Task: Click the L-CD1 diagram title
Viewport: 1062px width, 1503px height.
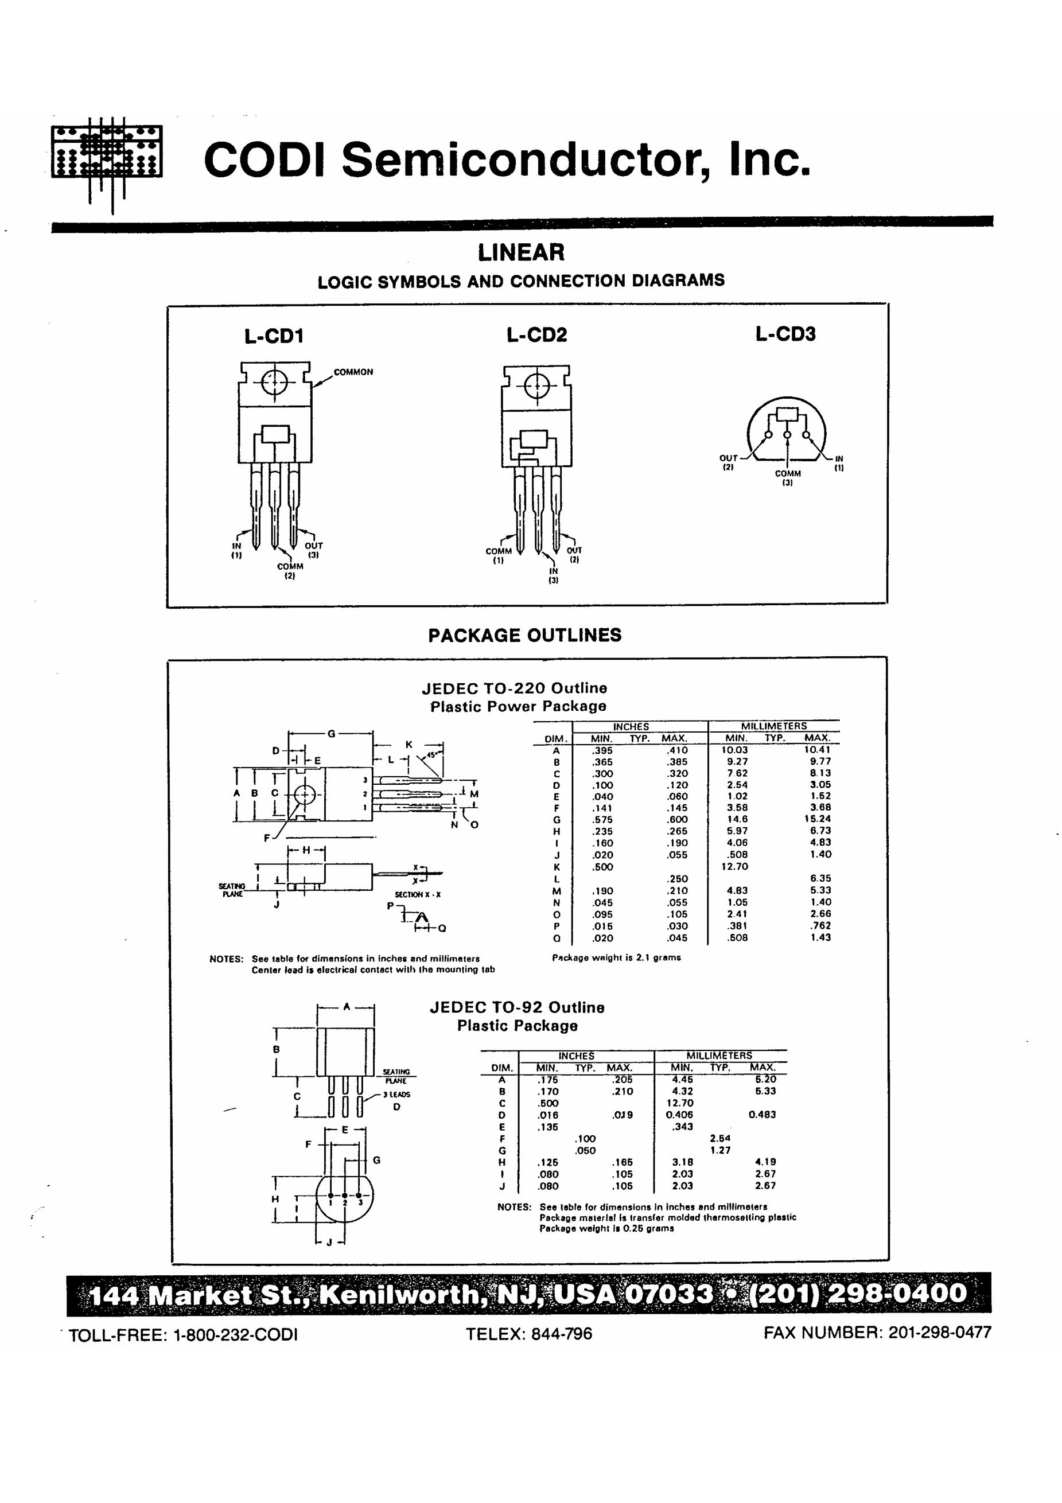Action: [274, 337]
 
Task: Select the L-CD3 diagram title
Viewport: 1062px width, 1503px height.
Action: [785, 334]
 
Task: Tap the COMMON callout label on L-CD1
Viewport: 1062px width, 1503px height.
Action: [353, 372]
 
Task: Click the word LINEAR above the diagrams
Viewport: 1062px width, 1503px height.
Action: [520, 252]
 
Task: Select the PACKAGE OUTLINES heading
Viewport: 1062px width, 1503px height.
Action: [524, 635]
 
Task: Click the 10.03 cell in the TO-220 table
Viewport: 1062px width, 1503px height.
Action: [734, 750]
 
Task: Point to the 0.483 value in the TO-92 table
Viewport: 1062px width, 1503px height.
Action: [762, 1114]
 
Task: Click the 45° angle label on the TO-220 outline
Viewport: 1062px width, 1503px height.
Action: [431, 754]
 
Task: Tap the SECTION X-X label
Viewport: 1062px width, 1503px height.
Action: [418, 894]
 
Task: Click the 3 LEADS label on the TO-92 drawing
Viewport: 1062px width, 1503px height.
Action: [397, 1095]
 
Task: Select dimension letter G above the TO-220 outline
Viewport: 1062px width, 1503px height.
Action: [331, 734]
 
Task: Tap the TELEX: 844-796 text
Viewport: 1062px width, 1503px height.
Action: [528, 1333]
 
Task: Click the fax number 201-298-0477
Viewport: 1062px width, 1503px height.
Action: [940, 1332]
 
